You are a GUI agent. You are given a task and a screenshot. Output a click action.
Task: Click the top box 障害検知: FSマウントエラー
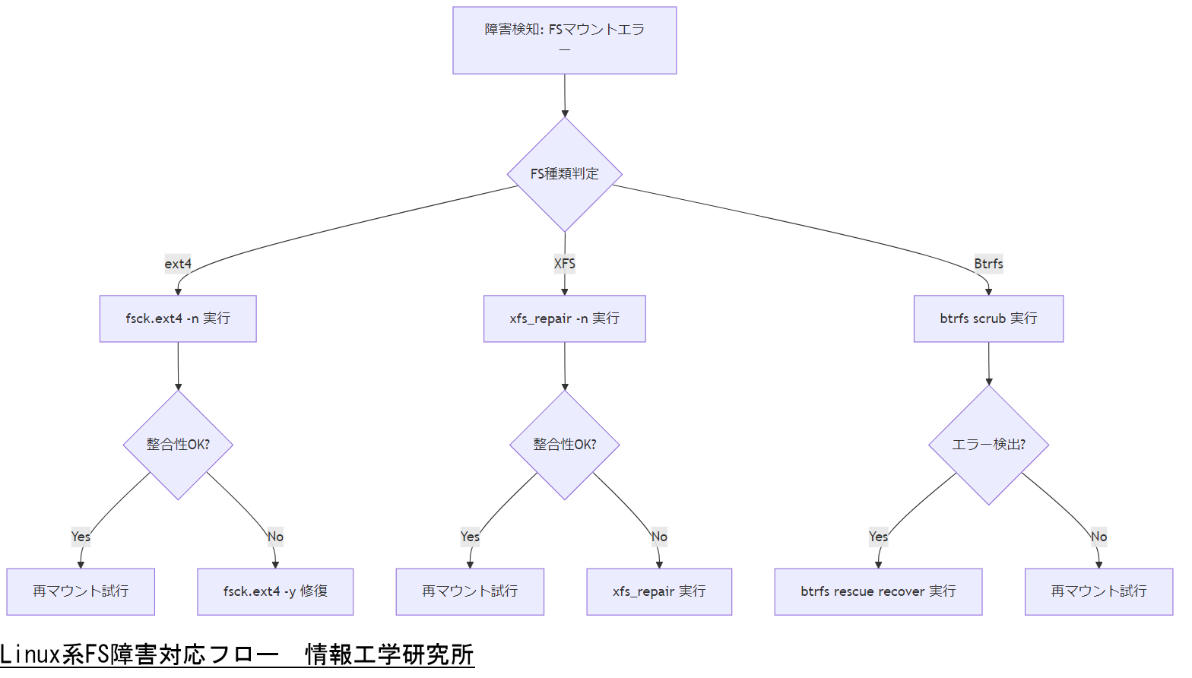coord(564,40)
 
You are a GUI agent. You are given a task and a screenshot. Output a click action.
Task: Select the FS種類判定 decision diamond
coord(564,174)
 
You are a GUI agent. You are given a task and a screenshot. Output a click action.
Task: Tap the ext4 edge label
coord(178,264)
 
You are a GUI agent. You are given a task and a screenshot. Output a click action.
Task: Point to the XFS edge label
coord(564,264)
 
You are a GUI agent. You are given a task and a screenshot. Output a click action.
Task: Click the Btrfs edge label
coord(988,264)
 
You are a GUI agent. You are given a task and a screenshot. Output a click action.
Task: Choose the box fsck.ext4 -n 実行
coord(178,318)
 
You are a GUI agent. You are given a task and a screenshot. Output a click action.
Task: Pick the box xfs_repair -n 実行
coord(564,318)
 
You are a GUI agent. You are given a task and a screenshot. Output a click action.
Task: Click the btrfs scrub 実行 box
coord(988,318)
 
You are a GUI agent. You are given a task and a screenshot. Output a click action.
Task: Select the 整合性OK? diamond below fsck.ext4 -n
coord(178,445)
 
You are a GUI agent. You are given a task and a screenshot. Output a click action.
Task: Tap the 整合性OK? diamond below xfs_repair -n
coord(564,445)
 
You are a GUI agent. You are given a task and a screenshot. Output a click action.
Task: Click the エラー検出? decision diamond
coord(988,445)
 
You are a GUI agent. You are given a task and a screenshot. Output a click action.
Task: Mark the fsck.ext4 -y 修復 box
coord(275,591)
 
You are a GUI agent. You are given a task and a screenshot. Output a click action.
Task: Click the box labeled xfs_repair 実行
coord(659,591)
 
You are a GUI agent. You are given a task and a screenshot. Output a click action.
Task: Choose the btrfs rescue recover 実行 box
coord(878,591)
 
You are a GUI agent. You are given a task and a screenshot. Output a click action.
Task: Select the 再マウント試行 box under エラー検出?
coord(1098,591)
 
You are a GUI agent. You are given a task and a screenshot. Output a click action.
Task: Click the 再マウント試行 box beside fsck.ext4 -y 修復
coord(81,591)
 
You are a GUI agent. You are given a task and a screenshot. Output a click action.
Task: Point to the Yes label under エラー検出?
coord(878,537)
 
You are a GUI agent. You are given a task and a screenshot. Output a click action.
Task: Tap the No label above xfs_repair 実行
coord(659,537)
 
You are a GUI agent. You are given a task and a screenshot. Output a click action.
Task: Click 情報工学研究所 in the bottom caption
coord(389,654)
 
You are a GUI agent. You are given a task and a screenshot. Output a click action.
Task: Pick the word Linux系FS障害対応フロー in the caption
coord(139,654)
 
